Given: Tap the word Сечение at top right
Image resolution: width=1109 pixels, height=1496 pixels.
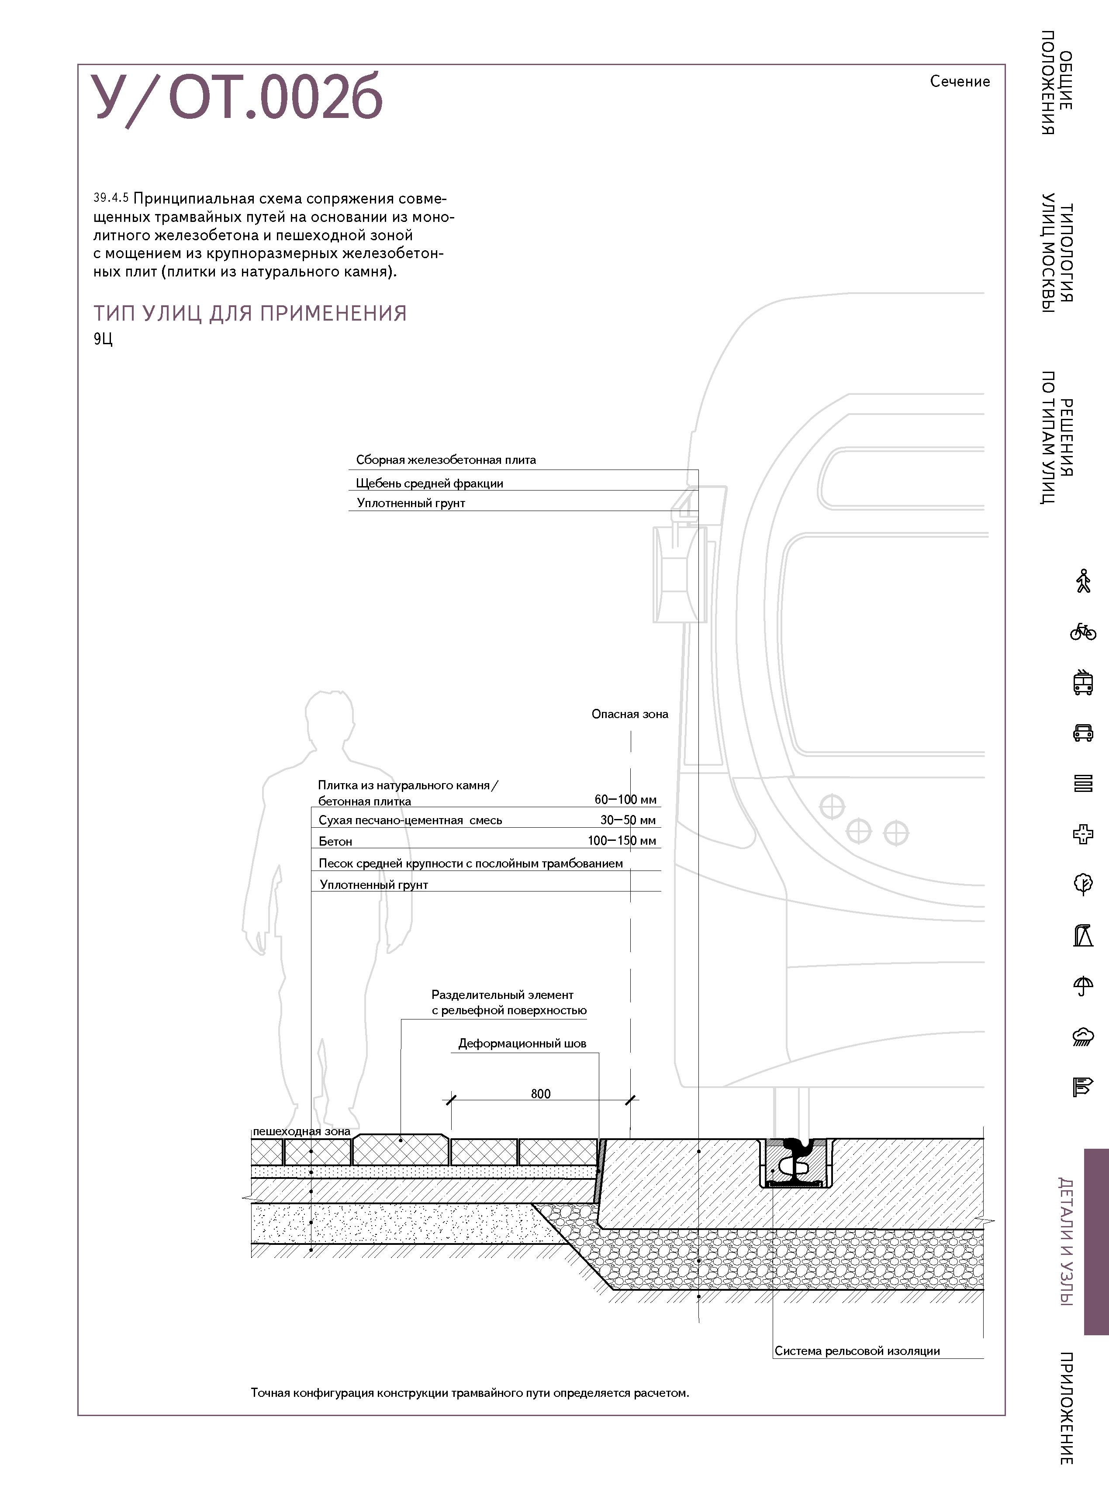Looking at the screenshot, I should (x=959, y=81).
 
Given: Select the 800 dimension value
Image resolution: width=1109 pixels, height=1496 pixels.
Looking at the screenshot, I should (x=540, y=1094).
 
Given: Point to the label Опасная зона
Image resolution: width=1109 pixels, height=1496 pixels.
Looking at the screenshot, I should (x=630, y=714).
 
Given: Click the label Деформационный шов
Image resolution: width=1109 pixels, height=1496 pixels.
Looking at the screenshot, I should (x=522, y=1043).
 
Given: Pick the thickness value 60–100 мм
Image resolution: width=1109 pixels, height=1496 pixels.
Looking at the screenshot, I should (x=625, y=799).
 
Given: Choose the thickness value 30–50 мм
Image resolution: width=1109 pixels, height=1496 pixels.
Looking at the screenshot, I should (x=628, y=820).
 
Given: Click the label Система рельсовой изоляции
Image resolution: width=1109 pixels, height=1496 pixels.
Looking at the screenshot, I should (x=857, y=1351).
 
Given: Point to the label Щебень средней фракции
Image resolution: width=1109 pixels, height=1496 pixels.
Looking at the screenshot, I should (x=429, y=483).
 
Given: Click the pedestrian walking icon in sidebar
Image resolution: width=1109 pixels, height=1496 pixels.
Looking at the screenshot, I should (x=1082, y=581).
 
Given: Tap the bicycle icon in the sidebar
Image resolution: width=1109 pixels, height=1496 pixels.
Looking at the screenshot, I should (x=1082, y=632).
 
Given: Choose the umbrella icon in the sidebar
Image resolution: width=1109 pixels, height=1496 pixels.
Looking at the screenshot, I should (x=1082, y=986).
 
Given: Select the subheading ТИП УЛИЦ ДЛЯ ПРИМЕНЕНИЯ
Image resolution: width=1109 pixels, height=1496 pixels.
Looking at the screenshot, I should (x=250, y=314).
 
